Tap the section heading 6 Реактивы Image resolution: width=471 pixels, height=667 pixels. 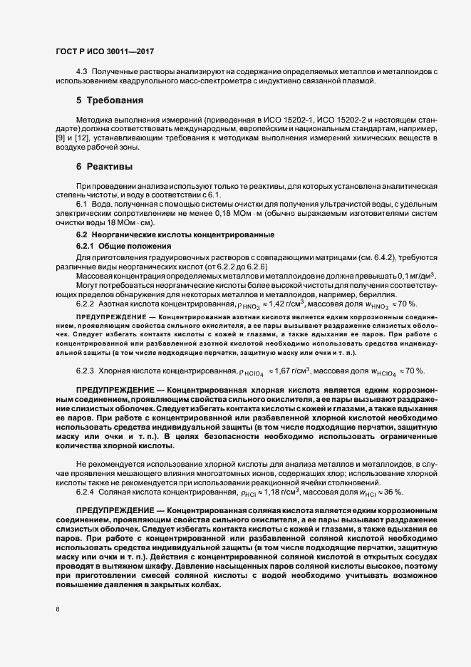(104, 166)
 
